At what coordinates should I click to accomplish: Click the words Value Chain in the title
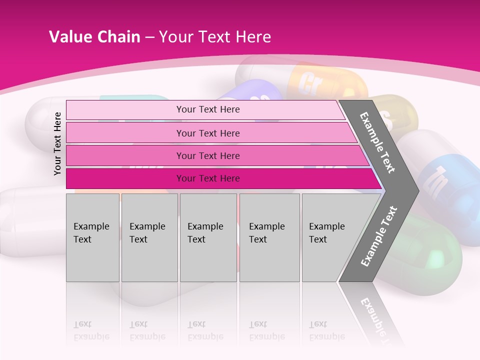[x=94, y=37]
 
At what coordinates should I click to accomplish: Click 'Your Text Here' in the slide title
[x=215, y=37]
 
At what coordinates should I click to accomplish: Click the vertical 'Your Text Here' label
[x=57, y=143]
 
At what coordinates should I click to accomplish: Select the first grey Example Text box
[x=92, y=237]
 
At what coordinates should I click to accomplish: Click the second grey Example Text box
[x=149, y=237]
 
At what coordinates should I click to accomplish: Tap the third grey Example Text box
[x=208, y=237]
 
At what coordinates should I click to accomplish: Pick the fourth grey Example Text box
[x=269, y=237]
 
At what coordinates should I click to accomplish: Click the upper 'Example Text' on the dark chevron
[x=377, y=142]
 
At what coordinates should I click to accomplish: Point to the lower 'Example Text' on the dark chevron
[x=379, y=236]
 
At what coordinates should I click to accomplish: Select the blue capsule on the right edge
[x=445, y=180]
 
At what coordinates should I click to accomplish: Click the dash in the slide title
[x=149, y=37]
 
